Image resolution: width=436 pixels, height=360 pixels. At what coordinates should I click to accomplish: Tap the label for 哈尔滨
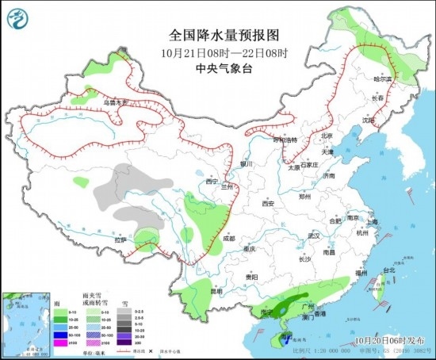(x=383, y=79)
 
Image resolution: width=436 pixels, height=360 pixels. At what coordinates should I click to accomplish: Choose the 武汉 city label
(x=314, y=236)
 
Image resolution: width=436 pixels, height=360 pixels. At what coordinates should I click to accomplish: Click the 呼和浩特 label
(x=286, y=140)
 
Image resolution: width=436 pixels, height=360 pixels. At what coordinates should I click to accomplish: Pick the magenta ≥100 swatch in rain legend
(x=59, y=343)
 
